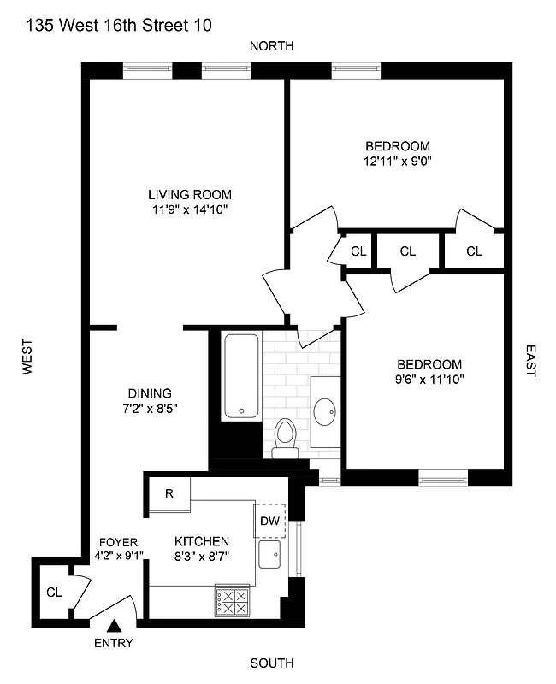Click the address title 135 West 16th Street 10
coord(117,26)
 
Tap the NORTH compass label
coord(271,46)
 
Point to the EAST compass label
coord(530,361)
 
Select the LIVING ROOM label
coord(188,194)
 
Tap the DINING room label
coord(151,393)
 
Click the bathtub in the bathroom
coord(241,376)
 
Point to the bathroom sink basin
coord(326,412)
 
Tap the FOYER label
coord(118,542)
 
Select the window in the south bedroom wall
coord(443,477)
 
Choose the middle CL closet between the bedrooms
coord(407,251)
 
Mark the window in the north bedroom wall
coord(356,69)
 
